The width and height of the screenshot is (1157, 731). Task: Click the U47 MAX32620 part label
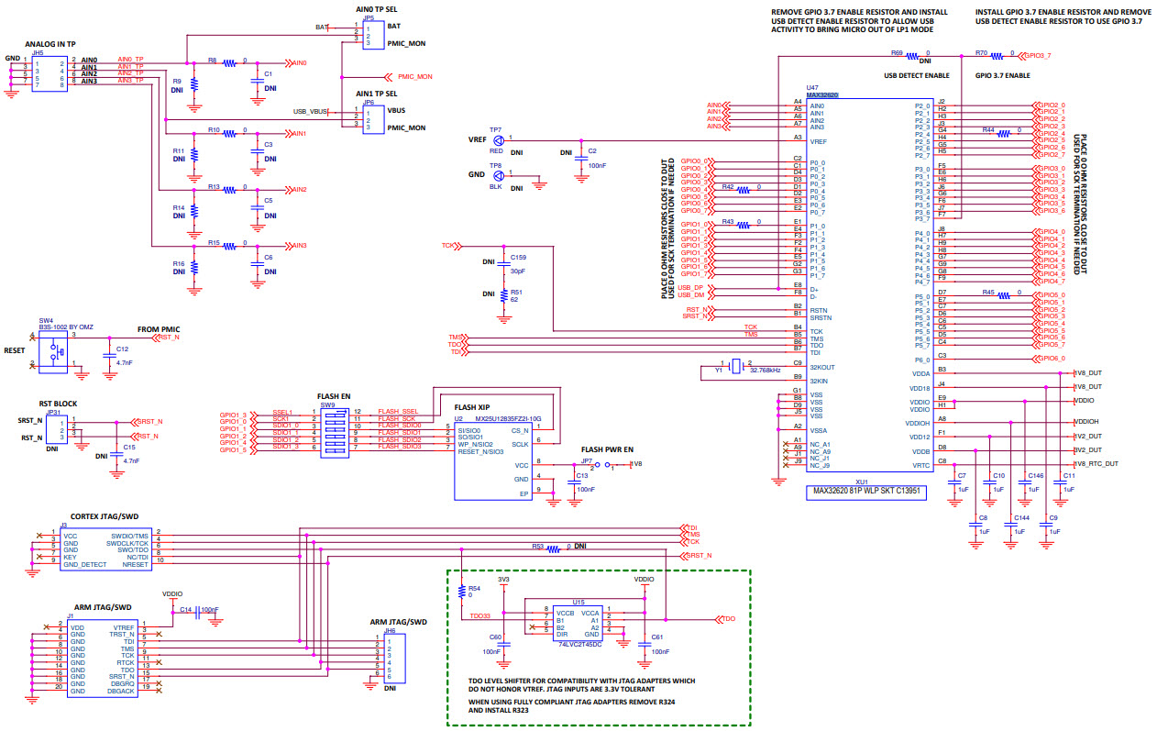click(822, 94)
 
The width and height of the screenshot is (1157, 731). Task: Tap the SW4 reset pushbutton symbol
click(54, 351)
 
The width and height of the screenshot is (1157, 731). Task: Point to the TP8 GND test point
click(498, 175)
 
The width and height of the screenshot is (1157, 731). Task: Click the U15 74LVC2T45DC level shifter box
click(578, 623)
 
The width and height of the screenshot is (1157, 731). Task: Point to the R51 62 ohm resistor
click(503, 295)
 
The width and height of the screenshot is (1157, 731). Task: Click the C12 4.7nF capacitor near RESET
click(109, 353)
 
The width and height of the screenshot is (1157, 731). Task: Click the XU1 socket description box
click(865, 492)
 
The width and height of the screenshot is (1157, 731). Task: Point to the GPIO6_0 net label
click(1050, 359)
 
